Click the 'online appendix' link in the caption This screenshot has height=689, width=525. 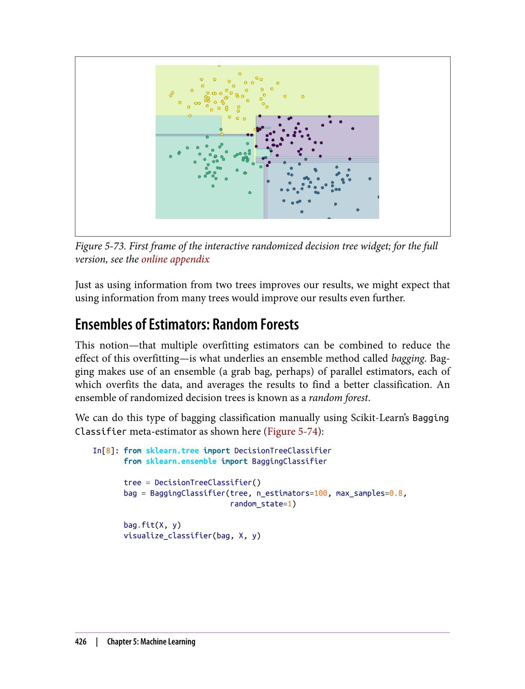(x=175, y=259)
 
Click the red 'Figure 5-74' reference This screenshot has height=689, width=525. (x=292, y=431)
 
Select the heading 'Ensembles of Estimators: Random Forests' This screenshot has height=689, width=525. (x=187, y=325)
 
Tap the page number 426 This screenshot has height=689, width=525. (x=81, y=642)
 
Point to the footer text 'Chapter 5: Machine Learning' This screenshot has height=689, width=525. (x=151, y=642)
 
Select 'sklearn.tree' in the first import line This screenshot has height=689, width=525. (x=172, y=451)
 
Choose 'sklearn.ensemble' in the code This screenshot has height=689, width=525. (x=181, y=461)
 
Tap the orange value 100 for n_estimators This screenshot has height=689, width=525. (x=320, y=493)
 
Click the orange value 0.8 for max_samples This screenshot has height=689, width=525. (x=396, y=493)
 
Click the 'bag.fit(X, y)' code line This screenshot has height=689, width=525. (x=152, y=525)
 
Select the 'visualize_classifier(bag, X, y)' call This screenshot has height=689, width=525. (x=192, y=536)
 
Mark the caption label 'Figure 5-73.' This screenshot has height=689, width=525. (x=100, y=246)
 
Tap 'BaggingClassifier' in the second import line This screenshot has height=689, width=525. (x=289, y=461)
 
